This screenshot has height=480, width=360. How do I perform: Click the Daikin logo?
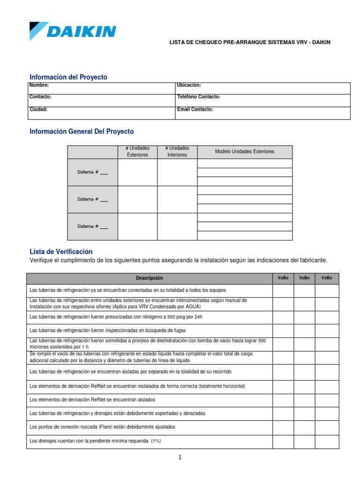point(73,31)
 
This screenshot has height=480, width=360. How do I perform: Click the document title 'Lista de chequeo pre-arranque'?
point(249,42)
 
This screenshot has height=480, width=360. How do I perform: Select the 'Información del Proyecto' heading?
point(68,77)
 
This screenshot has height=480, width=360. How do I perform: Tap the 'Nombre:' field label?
point(39,85)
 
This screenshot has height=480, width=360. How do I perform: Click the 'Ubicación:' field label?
point(189,85)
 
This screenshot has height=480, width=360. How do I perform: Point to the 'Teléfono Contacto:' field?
point(199,97)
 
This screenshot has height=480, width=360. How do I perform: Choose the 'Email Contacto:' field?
point(195,109)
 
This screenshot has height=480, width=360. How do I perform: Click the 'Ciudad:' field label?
point(38,109)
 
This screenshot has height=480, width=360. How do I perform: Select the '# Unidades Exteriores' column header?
point(137,151)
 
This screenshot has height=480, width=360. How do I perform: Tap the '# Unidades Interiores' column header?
point(177,151)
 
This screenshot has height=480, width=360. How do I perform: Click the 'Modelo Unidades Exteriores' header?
point(244,151)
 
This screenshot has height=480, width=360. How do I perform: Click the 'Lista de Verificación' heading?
point(61,252)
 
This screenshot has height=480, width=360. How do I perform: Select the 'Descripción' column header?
point(150,278)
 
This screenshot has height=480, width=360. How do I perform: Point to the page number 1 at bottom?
point(180,458)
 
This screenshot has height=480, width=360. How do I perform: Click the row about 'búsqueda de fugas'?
point(107,330)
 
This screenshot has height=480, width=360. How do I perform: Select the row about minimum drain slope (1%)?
point(95,441)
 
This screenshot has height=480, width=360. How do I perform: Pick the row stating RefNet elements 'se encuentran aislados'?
point(92,400)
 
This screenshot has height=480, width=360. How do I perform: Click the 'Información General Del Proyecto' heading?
point(82,132)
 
